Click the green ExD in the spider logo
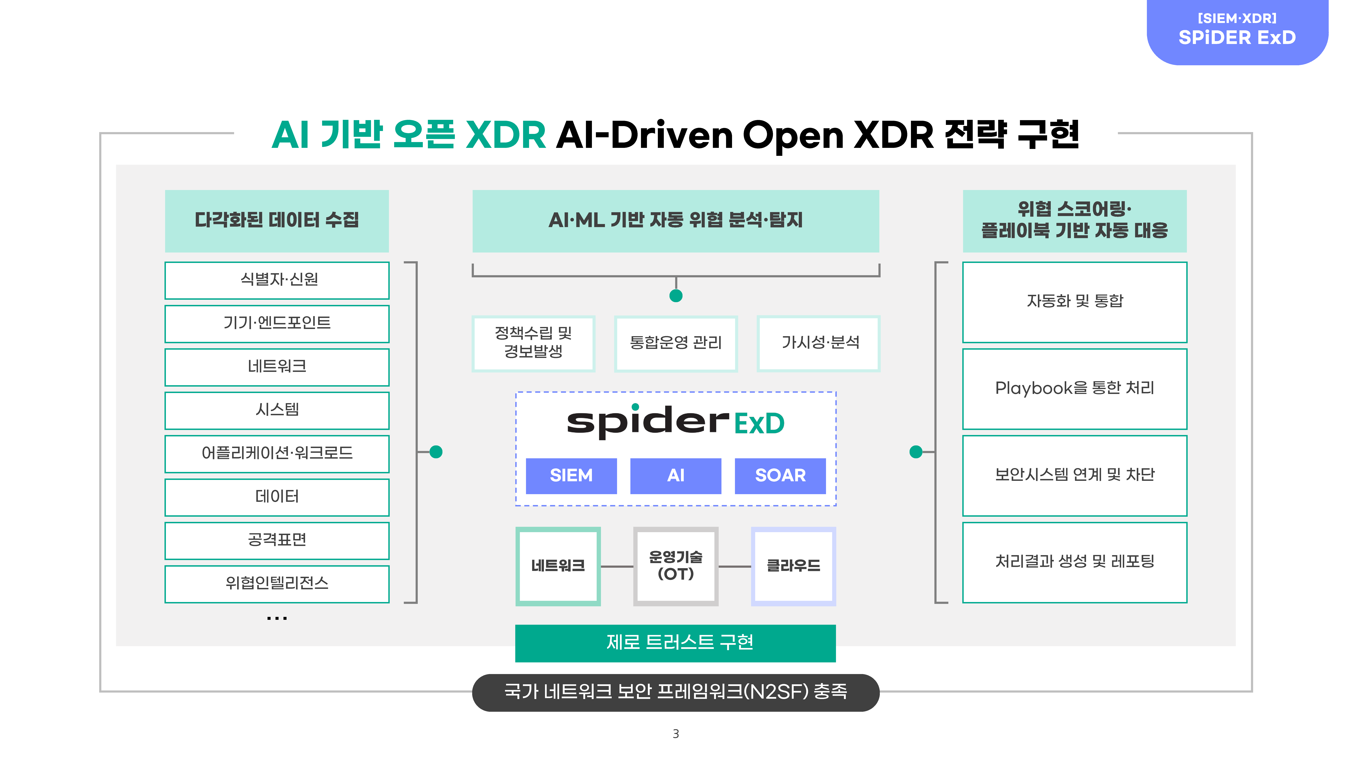point(759,423)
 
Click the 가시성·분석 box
point(818,344)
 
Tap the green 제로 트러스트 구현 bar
point(675,643)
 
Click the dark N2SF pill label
point(675,692)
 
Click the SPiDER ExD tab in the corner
point(1237,31)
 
